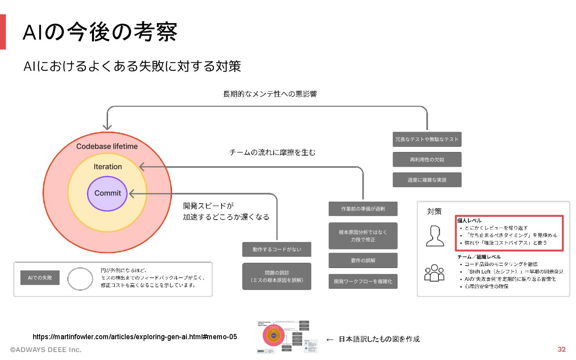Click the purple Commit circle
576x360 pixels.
point(107,194)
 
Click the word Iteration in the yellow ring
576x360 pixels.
point(108,167)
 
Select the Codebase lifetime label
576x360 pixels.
point(107,146)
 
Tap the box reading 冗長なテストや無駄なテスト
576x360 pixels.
point(427,139)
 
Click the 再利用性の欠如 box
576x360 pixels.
point(427,160)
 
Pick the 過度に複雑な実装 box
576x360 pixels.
point(427,180)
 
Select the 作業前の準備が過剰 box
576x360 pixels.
point(363,209)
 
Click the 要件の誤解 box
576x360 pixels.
point(363,260)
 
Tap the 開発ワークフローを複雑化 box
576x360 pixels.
point(363,281)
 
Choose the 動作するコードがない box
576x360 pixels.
point(276,250)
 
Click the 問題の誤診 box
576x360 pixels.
point(276,276)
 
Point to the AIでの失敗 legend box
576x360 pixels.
point(40,278)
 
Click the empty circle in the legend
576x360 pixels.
point(80,279)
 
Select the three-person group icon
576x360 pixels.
point(434,273)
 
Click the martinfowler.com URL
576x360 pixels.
point(135,337)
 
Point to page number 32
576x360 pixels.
point(562,349)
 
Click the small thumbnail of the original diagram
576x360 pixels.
point(287,336)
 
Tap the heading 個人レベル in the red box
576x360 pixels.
point(469,220)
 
